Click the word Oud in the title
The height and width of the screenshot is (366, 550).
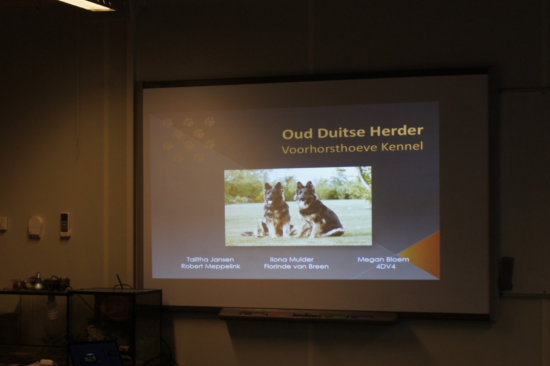point(298,134)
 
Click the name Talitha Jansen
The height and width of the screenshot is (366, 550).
point(210,260)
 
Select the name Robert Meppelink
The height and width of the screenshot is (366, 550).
point(211,267)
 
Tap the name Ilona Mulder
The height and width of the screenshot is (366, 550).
point(292,260)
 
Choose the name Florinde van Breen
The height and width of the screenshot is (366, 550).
point(296,267)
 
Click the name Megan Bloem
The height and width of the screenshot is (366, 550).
point(383,260)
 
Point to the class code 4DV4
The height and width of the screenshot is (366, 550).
point(386,267)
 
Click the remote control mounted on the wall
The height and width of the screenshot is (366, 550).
point(65,225)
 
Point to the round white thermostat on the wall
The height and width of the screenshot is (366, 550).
point(35,227)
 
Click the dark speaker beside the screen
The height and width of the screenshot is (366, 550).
point(506,274)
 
